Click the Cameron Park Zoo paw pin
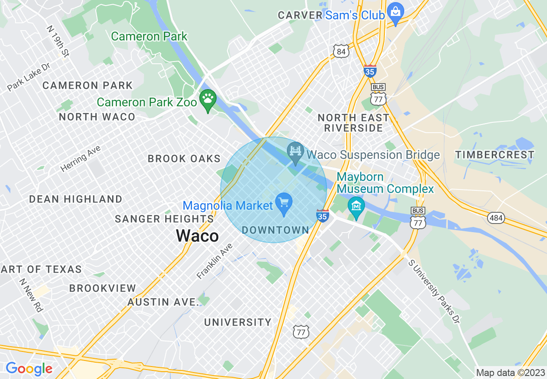(208, 100)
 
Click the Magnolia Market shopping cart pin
(284, 203)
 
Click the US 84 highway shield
(341, 52)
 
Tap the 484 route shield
(496, 218)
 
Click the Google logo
(28, 369)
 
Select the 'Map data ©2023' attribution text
(510, 372)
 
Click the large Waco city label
(197, 236)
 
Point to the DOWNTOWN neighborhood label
(275, 230)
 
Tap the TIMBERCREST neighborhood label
(495, 155)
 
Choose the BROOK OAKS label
(184, 159)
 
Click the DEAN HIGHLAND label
(75, 199)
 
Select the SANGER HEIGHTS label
(164, 219)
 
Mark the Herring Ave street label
(81, 159)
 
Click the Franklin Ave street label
(215, 261)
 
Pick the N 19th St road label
(58, 41)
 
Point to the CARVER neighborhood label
(300, 16)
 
